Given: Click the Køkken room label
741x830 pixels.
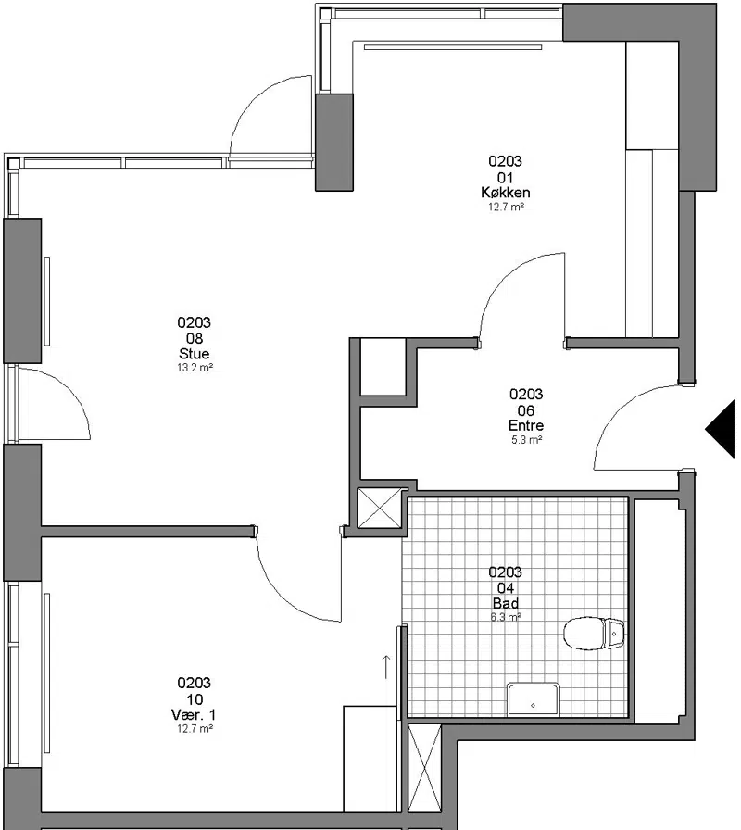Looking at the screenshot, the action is click(506, 192).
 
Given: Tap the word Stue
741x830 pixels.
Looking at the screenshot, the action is click(195, 354).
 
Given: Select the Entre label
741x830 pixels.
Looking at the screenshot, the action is click(525, 425).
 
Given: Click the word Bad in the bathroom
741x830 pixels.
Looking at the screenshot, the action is click(506, 603).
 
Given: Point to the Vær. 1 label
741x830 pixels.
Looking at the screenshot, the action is click(194, 715).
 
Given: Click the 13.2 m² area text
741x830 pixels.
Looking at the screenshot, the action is click(195, 368).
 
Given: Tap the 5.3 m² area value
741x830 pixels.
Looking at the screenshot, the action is click(526, 440).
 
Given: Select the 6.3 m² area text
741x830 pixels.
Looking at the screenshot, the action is click(506, 617).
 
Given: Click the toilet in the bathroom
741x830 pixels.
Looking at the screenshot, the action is click(594, 633).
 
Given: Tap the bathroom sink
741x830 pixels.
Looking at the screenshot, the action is click(533, 699).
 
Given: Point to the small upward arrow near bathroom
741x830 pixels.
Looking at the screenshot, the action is click(386, 666).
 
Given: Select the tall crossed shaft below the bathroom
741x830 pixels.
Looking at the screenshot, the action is click(424, 770).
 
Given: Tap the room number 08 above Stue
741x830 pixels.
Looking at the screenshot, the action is click(195, 338).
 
